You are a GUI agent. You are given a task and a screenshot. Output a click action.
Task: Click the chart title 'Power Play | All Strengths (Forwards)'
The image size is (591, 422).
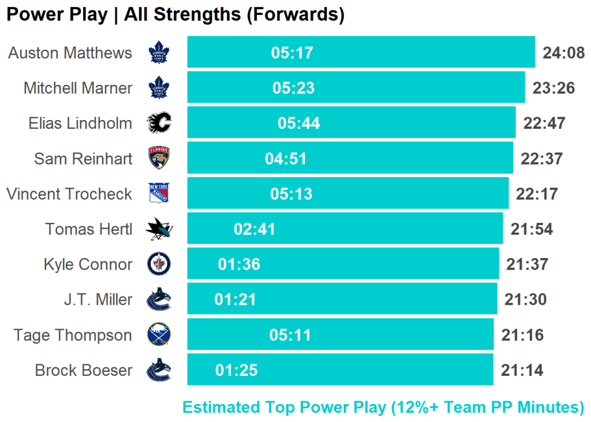point(175,14)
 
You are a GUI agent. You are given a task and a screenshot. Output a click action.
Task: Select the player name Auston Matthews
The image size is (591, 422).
point(70,53)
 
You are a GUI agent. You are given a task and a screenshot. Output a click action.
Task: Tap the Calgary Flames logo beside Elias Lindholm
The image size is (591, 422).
point(159,123)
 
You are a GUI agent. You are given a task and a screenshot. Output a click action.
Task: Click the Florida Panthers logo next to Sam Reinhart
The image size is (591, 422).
point(159,158)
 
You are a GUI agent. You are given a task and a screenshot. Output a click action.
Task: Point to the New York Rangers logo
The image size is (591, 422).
point(159,193)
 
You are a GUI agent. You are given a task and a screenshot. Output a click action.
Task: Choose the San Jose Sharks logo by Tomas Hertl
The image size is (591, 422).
point(159,229)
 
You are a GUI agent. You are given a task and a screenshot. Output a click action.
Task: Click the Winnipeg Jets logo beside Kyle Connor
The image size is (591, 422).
point(159,264)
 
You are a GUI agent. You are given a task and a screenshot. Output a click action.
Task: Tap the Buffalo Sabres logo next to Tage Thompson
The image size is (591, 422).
point(159,335)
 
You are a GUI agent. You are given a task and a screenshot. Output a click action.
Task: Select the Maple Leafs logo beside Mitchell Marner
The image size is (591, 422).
point(159,88)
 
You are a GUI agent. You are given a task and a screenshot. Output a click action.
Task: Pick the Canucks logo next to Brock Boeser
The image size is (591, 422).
point(159,370)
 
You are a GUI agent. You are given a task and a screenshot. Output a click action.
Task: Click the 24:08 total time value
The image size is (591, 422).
point(564,53)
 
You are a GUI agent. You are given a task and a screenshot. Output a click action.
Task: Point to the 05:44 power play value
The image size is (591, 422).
point(299,124)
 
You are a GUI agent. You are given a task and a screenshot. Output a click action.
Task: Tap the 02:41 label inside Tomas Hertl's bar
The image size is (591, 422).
point(255,229)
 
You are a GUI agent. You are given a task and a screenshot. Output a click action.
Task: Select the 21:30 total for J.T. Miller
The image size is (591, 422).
point(525,300)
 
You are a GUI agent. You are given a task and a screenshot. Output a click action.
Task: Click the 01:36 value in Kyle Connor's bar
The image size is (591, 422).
point(239,264)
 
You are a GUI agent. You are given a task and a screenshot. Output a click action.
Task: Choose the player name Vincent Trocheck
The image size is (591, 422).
point(69,194)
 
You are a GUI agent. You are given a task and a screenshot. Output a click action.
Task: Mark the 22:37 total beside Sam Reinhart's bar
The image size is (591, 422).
point(541,159)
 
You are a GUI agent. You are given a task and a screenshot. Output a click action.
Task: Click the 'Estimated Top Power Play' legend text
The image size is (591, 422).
point(383,407)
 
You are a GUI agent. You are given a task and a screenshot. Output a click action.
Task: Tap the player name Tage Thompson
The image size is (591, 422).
point(73,335)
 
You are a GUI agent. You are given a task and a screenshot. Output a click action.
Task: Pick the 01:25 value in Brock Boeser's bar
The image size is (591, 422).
point(237,371)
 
